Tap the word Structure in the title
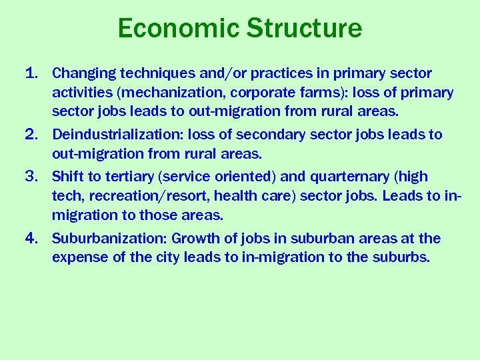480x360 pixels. [x=304, y=28]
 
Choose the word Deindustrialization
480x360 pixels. [x=117, y=135]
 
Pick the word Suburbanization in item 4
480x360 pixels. [x=109, y=238]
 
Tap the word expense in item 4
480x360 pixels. [x=79, y=257]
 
